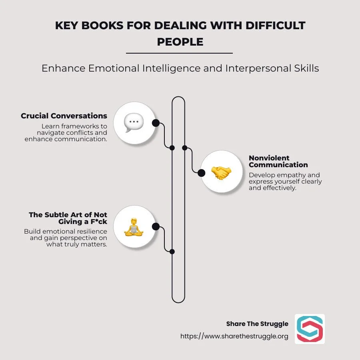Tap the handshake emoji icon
(221, 173)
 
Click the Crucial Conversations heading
(64, 116)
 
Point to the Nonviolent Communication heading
(278, 161)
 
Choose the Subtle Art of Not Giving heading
(68, 218)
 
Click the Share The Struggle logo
(310, 329)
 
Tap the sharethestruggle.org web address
(234, 336)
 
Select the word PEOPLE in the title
(180, 42)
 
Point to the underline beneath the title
(179, 53)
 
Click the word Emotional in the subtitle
(114, 68)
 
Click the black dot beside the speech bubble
(156, 123)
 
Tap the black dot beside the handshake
(202, 173)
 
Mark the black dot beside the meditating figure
(156, 227)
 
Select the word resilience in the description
(93, 232)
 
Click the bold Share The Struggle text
(257, 324)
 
